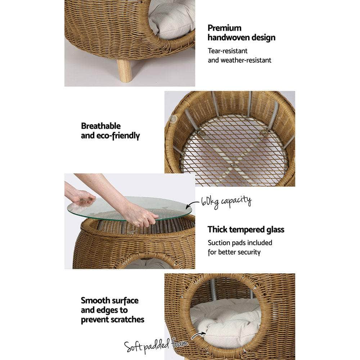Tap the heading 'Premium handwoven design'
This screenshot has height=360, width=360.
(241, 33)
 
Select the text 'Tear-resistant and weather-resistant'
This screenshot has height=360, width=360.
(239, 56)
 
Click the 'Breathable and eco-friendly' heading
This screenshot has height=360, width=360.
(110, 131)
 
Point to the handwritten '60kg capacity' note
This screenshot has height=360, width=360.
(226, 201)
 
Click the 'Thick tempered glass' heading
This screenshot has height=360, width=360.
(246, 230)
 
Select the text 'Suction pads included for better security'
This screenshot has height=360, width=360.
(240, 247)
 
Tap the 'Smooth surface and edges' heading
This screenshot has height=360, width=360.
(112, 310)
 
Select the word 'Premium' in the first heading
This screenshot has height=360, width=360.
(225, 28)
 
